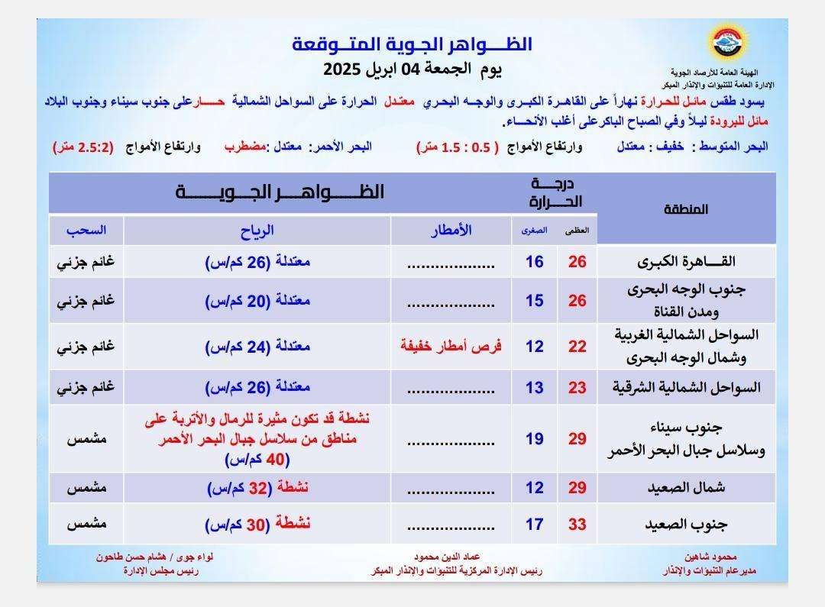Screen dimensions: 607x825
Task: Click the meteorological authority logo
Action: tap(720, 44)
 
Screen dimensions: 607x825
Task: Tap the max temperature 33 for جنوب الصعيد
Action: tap(577, 525)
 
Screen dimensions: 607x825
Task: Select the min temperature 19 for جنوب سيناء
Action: tap(535, 438)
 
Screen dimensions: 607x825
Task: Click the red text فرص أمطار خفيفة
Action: tap(451, 346)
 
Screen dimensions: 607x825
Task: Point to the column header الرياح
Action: tap(257, 230)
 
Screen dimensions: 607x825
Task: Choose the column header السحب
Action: tap(86, 230)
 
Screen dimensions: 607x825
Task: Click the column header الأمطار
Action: tap(450, 230)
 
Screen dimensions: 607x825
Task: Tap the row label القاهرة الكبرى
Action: tap(686, 262)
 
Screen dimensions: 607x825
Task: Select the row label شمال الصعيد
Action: tap(686, 487)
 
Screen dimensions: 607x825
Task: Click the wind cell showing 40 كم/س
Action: tap(257, 460)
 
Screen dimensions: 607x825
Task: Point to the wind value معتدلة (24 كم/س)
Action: tap(257, 346)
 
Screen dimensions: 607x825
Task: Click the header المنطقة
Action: tap(686, 208)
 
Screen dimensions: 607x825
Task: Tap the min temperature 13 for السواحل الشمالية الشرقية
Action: tap(535, 387)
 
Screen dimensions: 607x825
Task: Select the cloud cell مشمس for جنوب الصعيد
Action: tap(86, 525)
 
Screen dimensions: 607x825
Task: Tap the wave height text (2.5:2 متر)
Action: tap(83, 147)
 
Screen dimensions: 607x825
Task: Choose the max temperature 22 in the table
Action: tap(577, 346)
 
